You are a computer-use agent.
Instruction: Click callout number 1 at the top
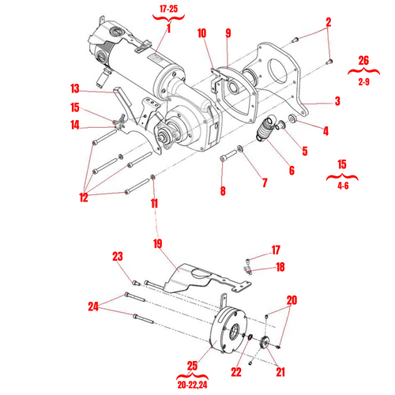tap(167, 30)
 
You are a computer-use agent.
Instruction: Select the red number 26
tap(363, 60)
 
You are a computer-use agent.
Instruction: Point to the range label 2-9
tap(363, 81)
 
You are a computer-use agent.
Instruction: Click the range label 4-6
tap(342, 186)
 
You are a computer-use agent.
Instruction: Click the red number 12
tap(83, 197)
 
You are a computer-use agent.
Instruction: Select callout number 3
tap(337, 101)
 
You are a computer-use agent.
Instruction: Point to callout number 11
tap(154, 203)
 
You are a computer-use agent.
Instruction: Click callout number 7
tap(263, 183)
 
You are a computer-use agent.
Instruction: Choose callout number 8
tap(223, 190)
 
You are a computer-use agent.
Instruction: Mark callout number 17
tap(276, 250)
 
